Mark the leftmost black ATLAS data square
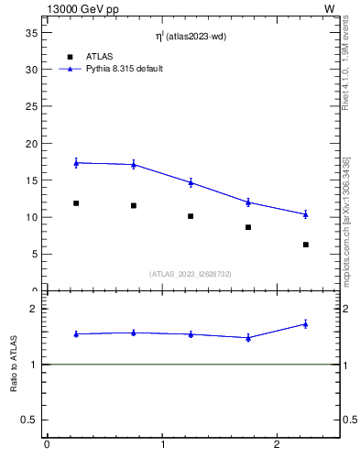point(76,203)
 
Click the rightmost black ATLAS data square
point(305,245)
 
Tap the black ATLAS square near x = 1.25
point(191,216)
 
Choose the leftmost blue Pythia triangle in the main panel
point(76,163)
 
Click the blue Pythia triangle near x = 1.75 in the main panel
point(248,202)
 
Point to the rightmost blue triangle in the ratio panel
point(305,323)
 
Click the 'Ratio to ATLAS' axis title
point(14,364)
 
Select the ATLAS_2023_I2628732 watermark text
point(191,274)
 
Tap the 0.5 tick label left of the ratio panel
point(27,420)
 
